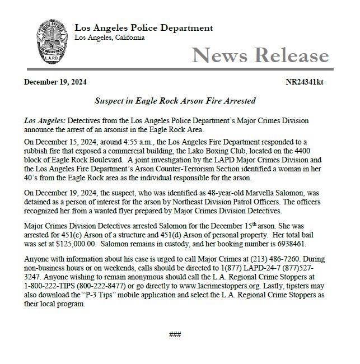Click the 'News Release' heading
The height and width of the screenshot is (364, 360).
coord(260,55)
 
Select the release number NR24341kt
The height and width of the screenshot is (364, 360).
coord(304,82)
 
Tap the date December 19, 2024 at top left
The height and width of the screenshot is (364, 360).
coord(55,82)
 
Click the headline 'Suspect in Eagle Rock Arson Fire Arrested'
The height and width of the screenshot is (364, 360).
coord(175,101)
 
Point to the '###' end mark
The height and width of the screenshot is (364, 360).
coord(175,334)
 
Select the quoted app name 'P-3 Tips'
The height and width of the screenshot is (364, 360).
coord(111,295)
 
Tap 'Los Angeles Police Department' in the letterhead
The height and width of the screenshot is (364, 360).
coord(143,28)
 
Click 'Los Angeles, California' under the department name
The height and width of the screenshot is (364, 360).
coord(109,38)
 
